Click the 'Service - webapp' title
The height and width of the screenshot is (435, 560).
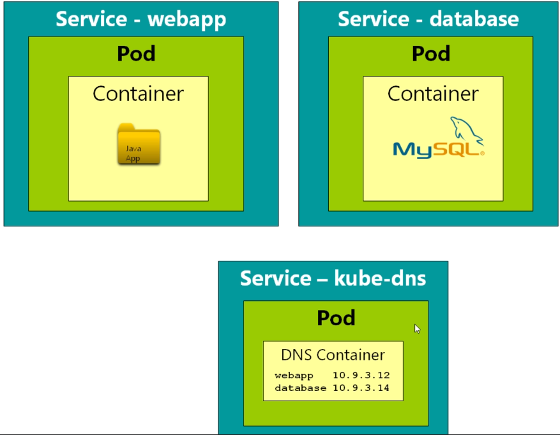pyautogui.click(x=140, y=19)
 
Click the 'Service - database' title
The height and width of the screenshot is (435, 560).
pyautogui.click(x=428, y=19)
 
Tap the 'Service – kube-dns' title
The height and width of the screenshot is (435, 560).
pyautogui.click(x=333, y=278)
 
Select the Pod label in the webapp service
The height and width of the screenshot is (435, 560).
pyautogui.click(x=136, y=54)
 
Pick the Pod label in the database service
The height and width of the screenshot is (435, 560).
pyautogui.click(x=431, y=54)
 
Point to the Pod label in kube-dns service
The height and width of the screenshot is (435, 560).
pyautogui.click(x=336, y=318)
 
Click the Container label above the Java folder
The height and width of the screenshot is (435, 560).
pyautogui.click(x=138, y=94)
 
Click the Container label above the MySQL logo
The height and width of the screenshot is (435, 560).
pyautogui.click(x=433, y=94)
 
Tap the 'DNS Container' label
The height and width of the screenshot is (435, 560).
pyautogui.click(x=333, y=355)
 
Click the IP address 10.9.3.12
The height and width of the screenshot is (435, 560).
pyautogui.click(x=361, y=375)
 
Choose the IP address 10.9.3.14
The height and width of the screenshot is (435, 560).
pyautogui.click(x=361, y=387)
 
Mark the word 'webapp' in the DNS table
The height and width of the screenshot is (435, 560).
pyautogui.click(x=294, y=375)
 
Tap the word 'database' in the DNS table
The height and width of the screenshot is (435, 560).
pyautogui.click(x=300, y=387)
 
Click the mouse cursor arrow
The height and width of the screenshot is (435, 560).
pyautogui.click(x=417, y=328)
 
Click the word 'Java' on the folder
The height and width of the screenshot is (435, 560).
pyautogui.click(x=133, y=149)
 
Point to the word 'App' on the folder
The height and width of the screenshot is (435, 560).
pyautogui.click(x=133, y=158)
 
